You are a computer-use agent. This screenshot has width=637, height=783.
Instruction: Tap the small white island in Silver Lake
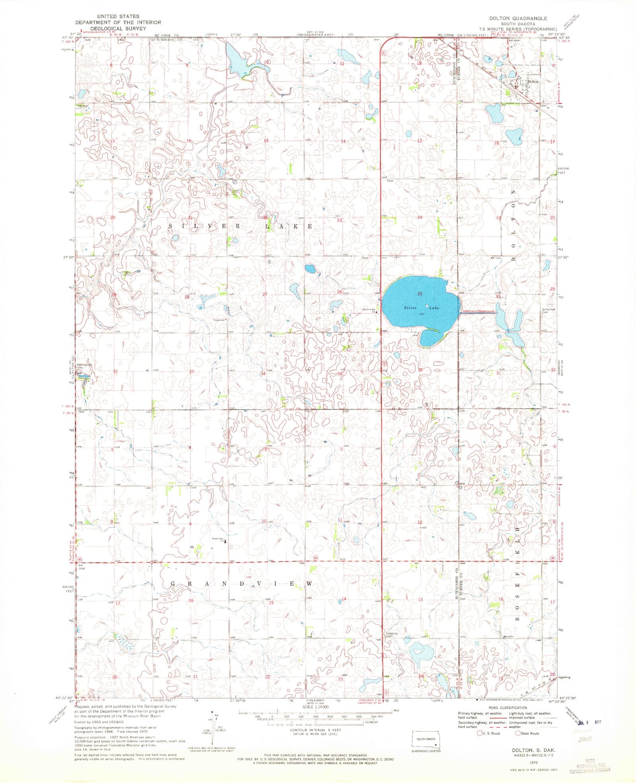(427, 306)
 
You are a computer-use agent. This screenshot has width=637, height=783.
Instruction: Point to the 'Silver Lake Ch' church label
(369, 310)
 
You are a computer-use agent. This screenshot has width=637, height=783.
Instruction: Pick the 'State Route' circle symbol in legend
(518, 733)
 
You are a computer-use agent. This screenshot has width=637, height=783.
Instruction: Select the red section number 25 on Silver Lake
(419, 293)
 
